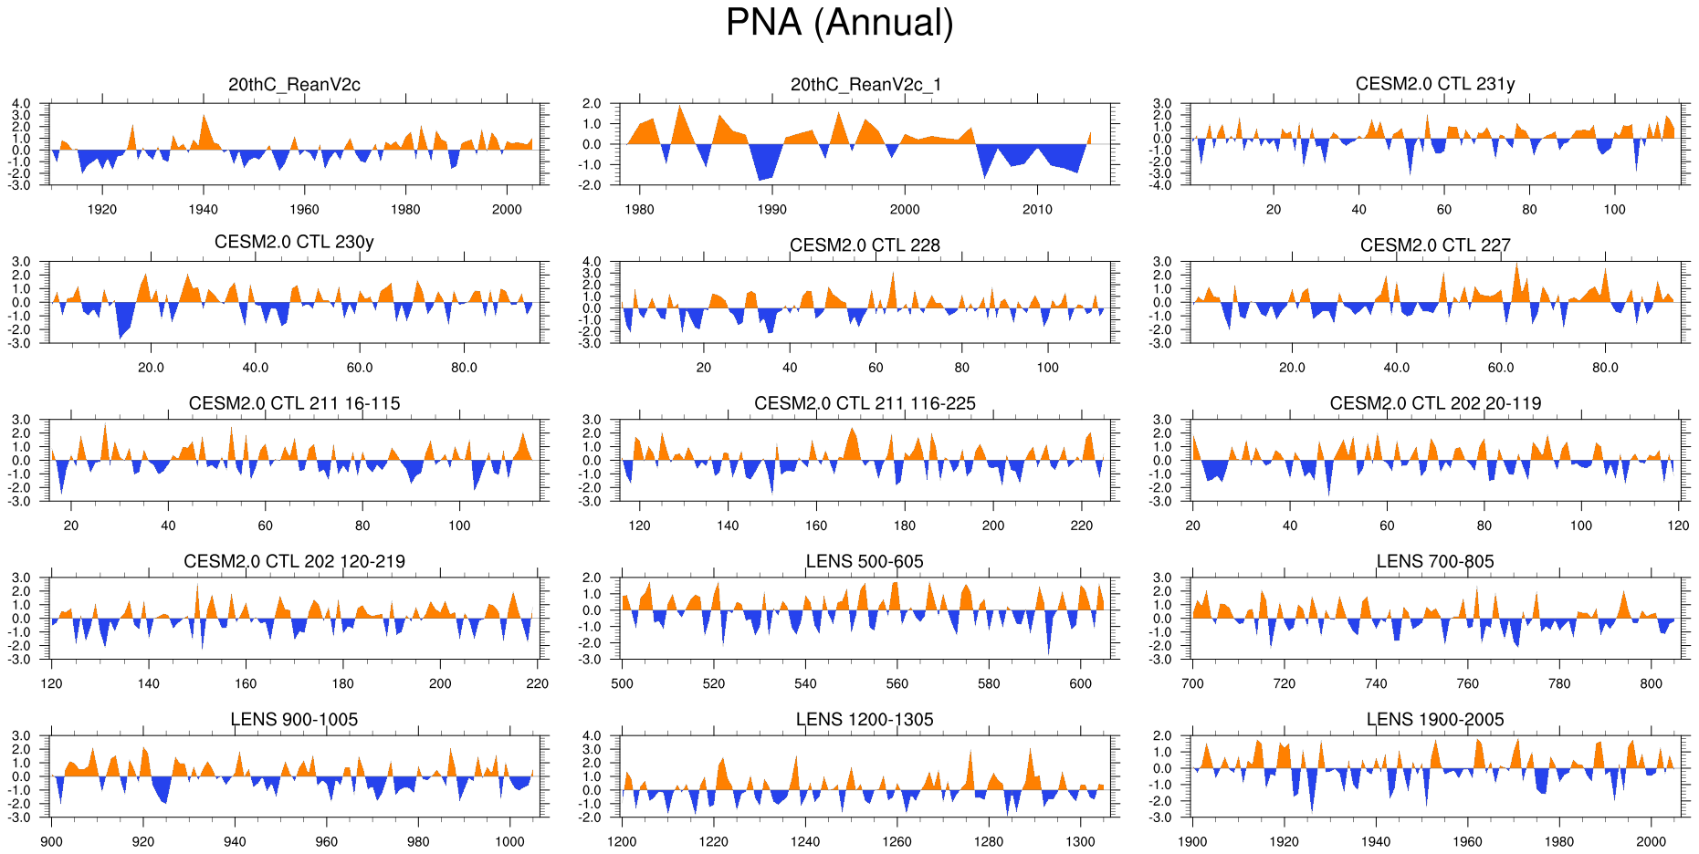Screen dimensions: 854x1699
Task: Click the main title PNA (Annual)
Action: [839, 23]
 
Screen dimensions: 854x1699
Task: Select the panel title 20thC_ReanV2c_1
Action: [865, 85]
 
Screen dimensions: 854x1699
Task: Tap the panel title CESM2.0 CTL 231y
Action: [1434, 84]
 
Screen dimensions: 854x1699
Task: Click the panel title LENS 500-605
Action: [865, 561]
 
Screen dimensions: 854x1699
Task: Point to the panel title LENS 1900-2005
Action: [1434, 719]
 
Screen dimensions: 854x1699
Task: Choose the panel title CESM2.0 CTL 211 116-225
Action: [865, 403]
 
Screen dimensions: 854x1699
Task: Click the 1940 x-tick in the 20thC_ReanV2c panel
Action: [203, 209]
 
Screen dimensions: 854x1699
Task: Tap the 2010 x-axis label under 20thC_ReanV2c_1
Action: [1037, 209]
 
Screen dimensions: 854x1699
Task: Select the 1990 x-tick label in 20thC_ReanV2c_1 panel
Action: [771, 209]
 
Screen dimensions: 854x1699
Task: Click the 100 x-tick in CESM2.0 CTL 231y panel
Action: [1614, 209]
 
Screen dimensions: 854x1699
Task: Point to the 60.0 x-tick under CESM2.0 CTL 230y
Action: [360, 367]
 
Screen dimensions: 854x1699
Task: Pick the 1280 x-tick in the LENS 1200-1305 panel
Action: [988, 841]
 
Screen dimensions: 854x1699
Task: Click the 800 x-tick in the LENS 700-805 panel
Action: [1651, 683]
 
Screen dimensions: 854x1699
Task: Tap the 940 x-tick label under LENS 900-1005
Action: [235, 841]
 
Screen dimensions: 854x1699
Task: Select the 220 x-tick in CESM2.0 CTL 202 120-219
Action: [537, 683]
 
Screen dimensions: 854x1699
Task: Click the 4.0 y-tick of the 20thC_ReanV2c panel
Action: [21, 104]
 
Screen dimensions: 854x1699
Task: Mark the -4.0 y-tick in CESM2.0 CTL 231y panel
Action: [1161, 185]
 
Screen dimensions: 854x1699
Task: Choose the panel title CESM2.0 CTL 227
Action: [1434, 245]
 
